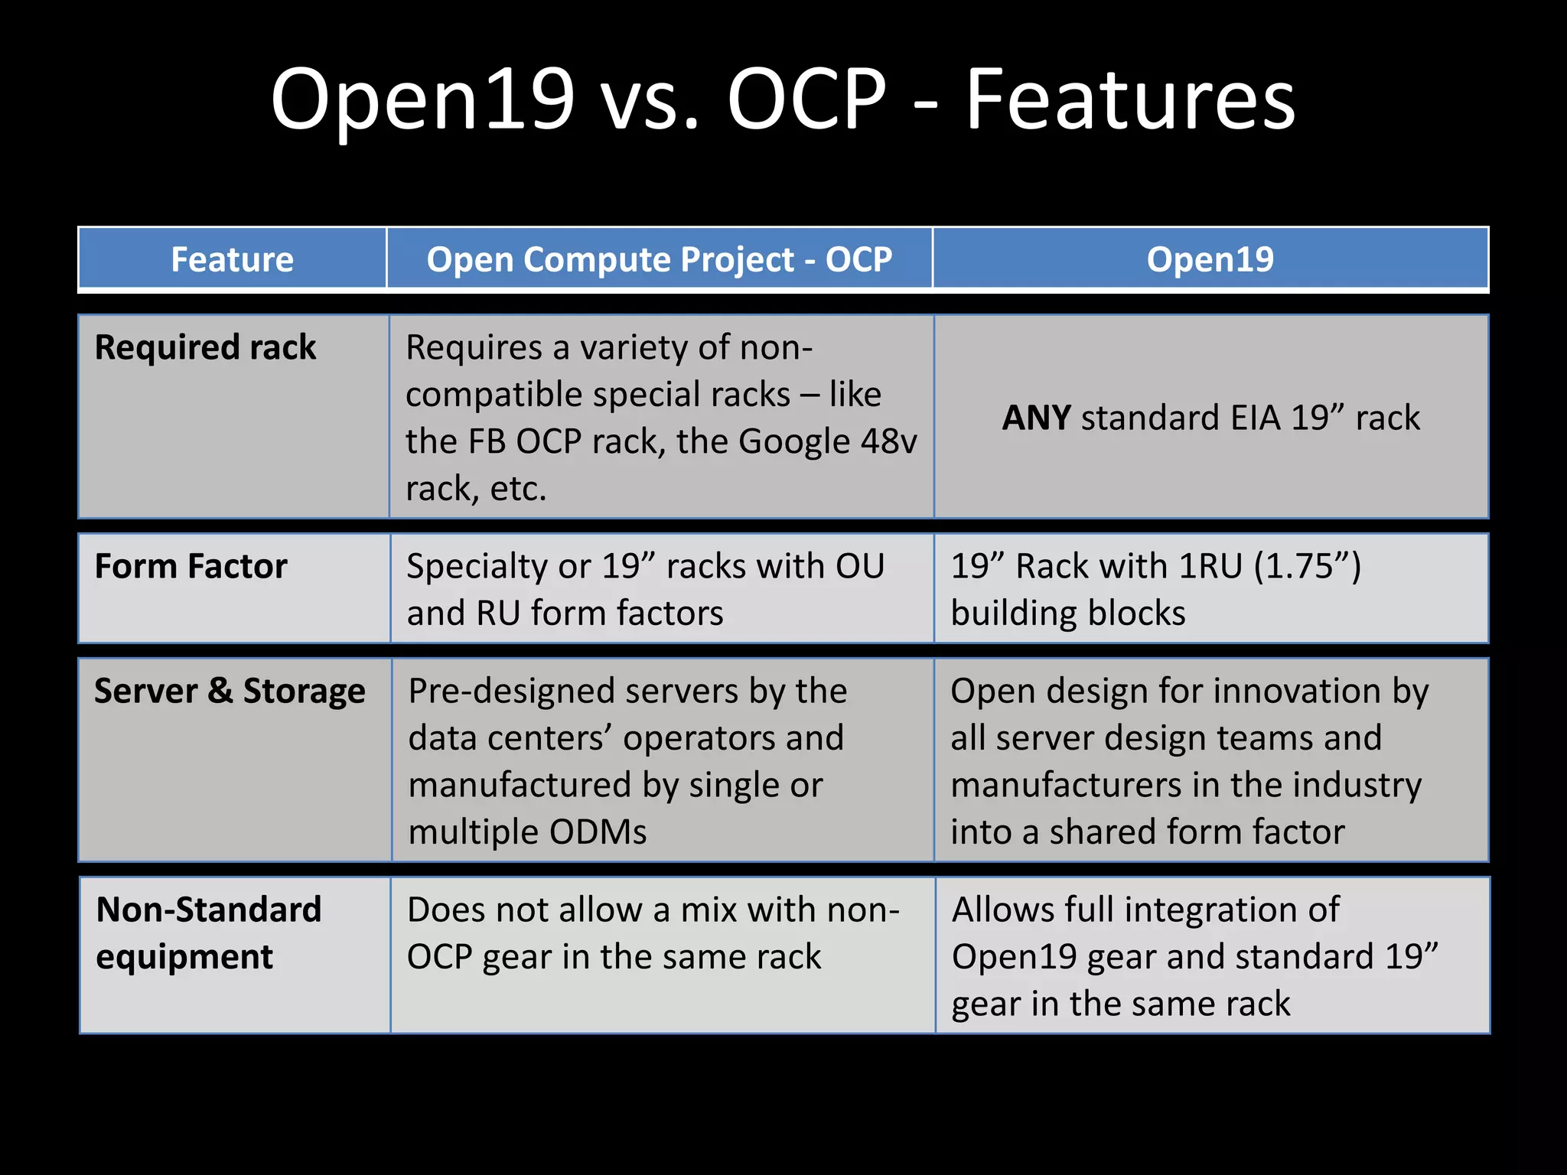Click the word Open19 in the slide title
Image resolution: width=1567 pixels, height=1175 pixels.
422,101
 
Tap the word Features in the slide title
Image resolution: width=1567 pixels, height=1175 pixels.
1130,101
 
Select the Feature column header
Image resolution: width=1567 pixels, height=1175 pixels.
232,259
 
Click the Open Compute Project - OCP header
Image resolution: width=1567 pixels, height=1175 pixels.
659,259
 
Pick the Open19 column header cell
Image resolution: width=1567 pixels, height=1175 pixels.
1210,259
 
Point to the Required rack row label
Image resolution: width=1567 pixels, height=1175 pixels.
205,347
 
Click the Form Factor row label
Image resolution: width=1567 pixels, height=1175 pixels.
191,567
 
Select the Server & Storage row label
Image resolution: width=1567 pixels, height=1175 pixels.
230,692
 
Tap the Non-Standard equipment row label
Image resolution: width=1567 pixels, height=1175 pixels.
208,933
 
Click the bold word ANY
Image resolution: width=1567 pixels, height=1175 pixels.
1036,418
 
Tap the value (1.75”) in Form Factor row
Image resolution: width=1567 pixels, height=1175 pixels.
1308,567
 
